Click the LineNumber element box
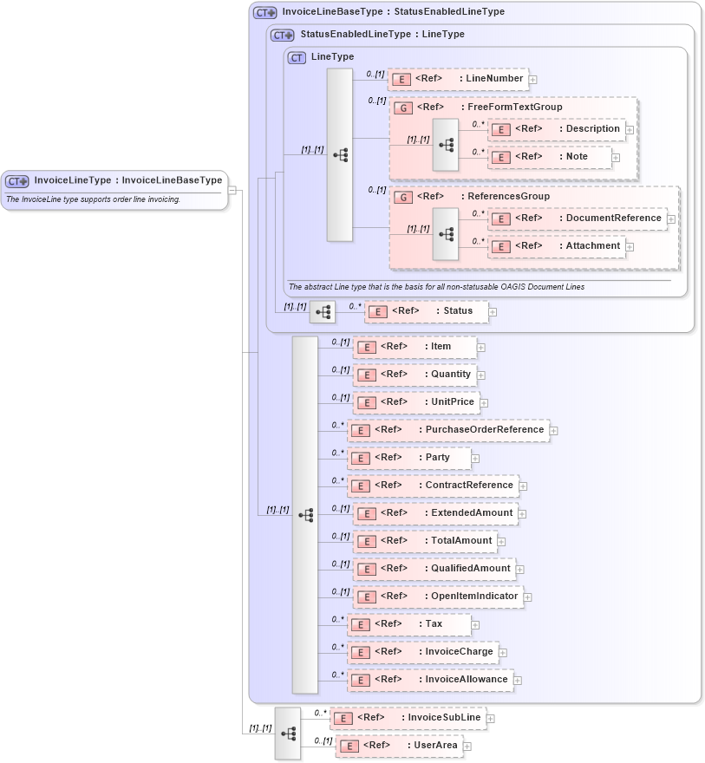[x=458, y=79]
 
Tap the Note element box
[x=550, y=157]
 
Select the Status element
[x=426, y=311]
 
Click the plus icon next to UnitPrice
[x=484, y=403]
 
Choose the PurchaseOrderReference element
[x=448, y=430]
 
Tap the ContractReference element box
[x=433, y=486]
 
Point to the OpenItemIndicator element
[x=438, y=597]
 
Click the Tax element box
[x=408, y=624]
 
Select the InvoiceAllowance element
[x=430, y=680]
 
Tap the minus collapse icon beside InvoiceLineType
[x=232, y=189]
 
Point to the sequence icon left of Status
[x=323, y=312]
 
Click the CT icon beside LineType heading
[x=297, y=57]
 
